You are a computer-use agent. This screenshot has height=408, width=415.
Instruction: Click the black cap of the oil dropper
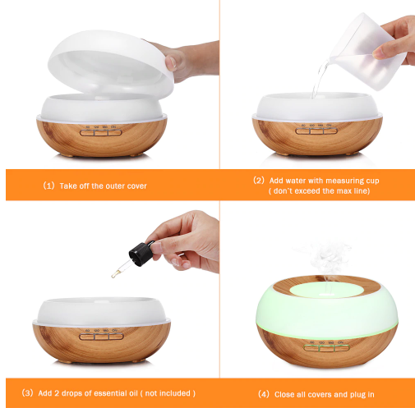pyautogui.click(x=141, y=253)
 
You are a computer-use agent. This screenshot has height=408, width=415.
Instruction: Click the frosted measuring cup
pyautogui.click(x=367, y=52)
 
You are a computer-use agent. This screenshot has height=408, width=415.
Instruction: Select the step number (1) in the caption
pyautogui.click(x=49, y=186)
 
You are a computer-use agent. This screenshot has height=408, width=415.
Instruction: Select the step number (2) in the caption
pyautogui.click(x=259, y=181)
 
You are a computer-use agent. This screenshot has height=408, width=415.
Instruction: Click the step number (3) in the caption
pyautogui.click(x=27, y=393)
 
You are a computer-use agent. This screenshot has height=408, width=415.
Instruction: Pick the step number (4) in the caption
pyautogui.click(x=264, y=394)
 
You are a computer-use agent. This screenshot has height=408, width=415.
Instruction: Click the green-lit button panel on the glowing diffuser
pyautogui.click(x=326, y=348)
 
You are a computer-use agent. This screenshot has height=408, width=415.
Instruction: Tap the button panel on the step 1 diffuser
pyautogui.click(x=100, y=133)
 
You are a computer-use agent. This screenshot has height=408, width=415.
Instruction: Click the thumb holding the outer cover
pyautogui.click(x=171, y=62)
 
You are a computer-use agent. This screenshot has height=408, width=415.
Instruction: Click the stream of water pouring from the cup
pyautogui.click(x=320, y=78)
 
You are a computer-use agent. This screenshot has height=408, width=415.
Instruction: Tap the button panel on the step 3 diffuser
pyautogui.click(x=101, y=337)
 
